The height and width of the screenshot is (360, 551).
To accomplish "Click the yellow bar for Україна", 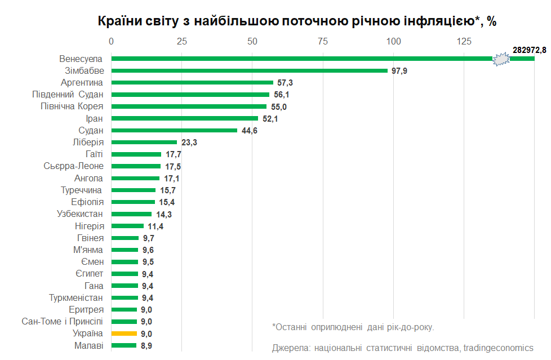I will [x=124, y=334].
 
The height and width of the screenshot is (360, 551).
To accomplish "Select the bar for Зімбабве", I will [x=249, y=70].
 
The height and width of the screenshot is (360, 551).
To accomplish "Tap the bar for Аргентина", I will [x=192, y=82].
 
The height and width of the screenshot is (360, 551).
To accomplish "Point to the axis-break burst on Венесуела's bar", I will [x=501, y=59].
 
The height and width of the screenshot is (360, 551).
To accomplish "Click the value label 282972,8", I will [x=529, y=50].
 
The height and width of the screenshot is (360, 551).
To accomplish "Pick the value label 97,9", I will [x=399, y=71].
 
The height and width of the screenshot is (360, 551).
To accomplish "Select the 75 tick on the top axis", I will [x=322, y=41].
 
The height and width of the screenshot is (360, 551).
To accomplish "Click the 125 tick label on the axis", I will [x=463, y=41].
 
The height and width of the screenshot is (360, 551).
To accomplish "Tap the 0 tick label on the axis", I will [x=111, y=41].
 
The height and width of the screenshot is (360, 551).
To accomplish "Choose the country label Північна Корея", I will [x=72, y=106].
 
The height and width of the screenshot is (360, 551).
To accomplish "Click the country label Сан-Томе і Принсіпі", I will [x=63, y=321].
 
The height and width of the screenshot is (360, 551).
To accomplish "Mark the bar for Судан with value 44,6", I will [x=174, y=130].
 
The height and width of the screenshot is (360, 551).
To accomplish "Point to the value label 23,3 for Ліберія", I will [x=189, y=143].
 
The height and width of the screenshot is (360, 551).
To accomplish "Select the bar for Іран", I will [x=184, y=118].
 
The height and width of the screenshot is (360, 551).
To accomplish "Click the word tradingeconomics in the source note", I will [x=498, y=348].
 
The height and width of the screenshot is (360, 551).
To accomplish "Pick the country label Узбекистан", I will [x=80, y=214].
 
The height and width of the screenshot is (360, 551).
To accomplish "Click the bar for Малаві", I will [x=123, y=345].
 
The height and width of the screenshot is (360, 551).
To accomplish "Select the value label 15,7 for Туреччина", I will [x=168, y=190].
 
